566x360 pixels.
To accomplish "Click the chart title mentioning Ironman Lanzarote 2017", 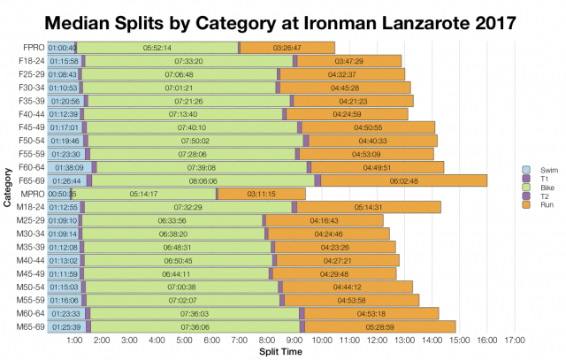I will coord(283,19).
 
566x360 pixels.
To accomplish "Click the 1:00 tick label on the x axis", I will coord(74,339).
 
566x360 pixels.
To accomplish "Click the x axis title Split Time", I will coord(280,352).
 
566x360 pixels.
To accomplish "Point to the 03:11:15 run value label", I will coord(262,193).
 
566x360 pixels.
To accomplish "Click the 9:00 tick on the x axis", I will coord(294,339).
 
